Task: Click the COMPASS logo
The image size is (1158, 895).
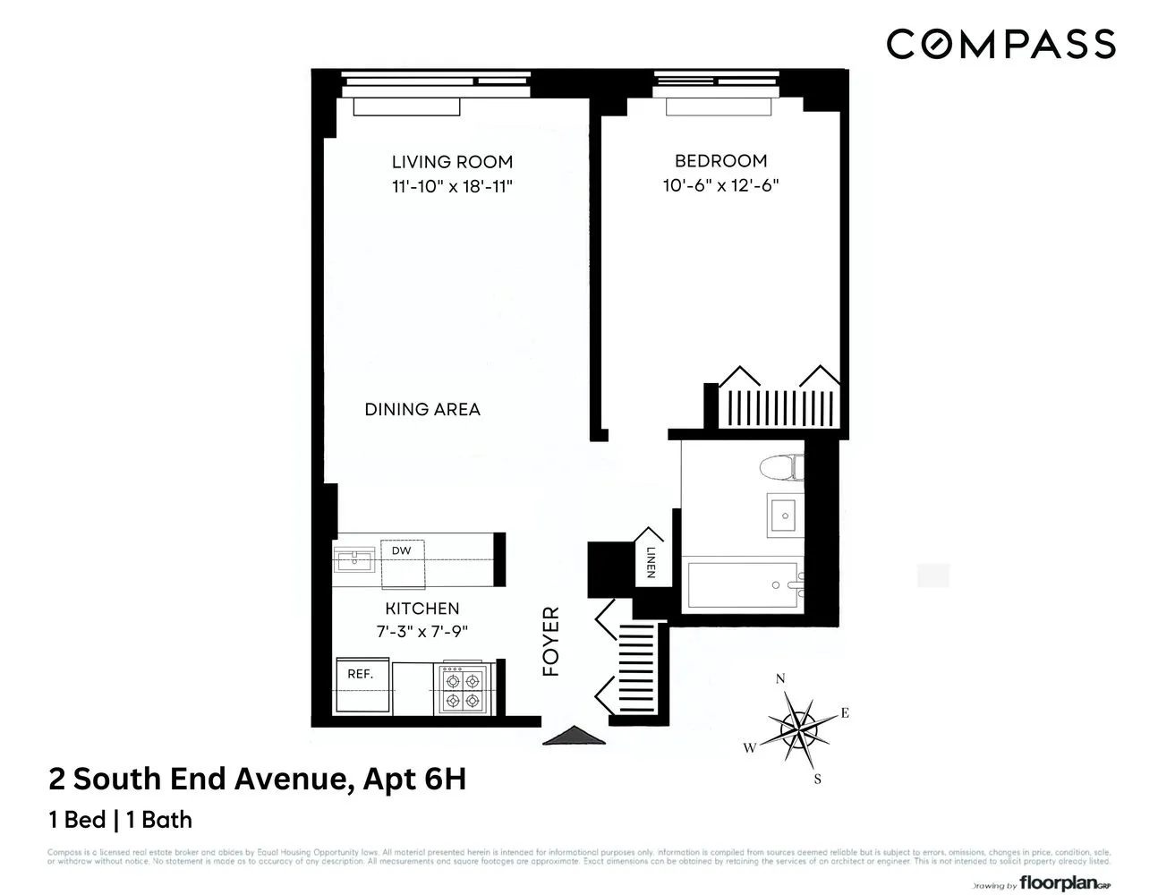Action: (x=1000, y=44)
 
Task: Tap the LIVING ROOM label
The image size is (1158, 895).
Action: (x=452, y=162)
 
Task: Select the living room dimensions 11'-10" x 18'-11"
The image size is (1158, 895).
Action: (x=452, y=187)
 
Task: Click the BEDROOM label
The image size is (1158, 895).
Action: (x=720, y=161)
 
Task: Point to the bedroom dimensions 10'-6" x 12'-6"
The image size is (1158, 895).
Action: (x=720, y=186)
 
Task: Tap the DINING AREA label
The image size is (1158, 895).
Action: (x=422, y=410)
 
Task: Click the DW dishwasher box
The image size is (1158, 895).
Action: (x=402, y=551)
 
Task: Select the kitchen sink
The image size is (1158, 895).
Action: (x=355, y=561)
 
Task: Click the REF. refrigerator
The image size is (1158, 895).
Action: (x=362, y=686)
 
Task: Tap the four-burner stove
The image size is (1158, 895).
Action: (x=464, y=688)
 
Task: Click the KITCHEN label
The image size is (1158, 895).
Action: (x=422, y=609)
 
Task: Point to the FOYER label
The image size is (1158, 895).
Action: (x=551, y=642)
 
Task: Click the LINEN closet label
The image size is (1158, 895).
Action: (x=651, y=561)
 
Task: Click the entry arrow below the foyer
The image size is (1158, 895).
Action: (x=574, y=736)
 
